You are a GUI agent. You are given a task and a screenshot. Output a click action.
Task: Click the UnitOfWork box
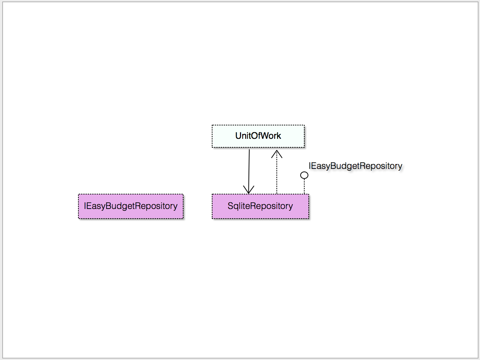pos(258,136)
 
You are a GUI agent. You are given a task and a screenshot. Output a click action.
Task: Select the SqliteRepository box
pos(260,206)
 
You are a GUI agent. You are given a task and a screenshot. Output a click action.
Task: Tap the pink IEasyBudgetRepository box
pos(131,206)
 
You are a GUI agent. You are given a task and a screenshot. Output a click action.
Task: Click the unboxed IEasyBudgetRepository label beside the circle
pos(355,166)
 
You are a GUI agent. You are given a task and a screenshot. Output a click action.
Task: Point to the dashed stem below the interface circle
pos(304,186)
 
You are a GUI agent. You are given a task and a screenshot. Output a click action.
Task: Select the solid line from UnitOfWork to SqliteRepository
pos(249,171)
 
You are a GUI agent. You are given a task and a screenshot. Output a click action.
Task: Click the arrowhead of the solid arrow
pos(249,190)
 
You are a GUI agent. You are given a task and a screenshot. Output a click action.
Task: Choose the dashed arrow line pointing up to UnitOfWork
pos(277,172)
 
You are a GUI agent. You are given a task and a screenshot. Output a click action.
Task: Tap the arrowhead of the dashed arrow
pos(277,154)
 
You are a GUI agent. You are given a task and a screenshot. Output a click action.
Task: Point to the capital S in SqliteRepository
pos(230,206)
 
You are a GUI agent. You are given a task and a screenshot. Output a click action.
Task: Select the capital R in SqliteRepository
pos(249,206)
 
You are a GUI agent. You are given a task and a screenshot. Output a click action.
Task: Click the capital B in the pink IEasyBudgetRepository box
pos(108,206)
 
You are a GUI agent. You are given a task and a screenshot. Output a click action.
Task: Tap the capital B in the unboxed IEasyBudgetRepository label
pos(333,166)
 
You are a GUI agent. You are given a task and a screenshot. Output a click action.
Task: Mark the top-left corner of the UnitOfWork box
pos(212,125)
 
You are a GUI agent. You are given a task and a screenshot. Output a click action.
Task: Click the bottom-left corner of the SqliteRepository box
pos(212,219)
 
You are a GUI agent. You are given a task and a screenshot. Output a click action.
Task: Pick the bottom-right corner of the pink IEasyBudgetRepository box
pos(183,219)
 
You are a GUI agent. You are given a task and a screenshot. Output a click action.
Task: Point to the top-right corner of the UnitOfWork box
pos(304,125)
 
